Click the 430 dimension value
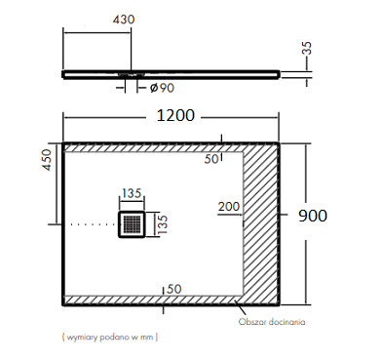pyautogui.click(x=124, y=20)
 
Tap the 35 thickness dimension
pyautogui.click(x=307, y=48)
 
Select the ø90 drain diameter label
pyautogui.click(x=162, y=88)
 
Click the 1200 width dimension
pyautogui.click(x=175, y=115)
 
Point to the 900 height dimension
pyautogui.click(x=313, y=216)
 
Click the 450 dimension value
pyautogui.click(x=47, y=160)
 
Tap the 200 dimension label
pyautogui.click(x=229, y=207)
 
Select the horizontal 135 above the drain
pyautogui.click(x=132, y=193)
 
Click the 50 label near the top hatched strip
pyautogui.click(x=211, y=159)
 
